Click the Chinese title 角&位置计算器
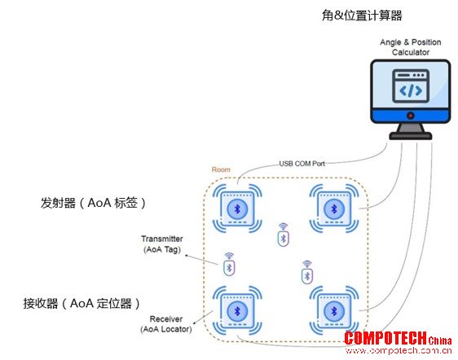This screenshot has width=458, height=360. [x=362, y=15]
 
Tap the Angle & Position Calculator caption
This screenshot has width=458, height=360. [x=411, y=47]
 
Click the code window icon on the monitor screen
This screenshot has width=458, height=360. [x=411, y=86]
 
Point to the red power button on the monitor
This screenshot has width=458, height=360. [x=411, y=116]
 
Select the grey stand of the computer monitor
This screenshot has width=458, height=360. [x=411, y=131]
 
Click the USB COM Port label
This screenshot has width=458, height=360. [x=302, y=164]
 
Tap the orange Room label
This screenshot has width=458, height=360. [x=221, y=169]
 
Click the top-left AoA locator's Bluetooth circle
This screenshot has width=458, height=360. [x=237, y=209]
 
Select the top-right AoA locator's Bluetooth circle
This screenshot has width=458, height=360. [x=334, y=209]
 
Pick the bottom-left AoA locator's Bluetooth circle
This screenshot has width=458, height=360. [x=237, y=311]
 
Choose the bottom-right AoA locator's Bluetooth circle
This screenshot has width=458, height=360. [x=334, y=311]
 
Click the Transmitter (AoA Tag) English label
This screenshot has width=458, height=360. [x=162, y=244]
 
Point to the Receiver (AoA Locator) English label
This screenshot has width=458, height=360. [x=166, y=324]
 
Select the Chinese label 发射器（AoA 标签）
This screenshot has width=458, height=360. [x=93, y=203]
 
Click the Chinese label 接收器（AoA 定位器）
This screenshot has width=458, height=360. [x=81, y=303]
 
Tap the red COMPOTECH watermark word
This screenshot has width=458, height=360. [x=385, y=338]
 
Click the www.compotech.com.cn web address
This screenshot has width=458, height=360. [x=399, y=350]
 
